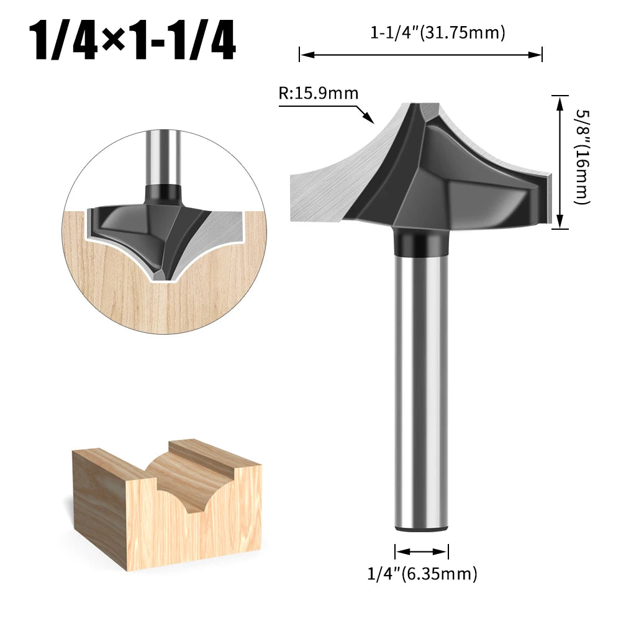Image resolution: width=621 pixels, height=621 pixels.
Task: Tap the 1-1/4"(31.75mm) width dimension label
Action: (438, 32)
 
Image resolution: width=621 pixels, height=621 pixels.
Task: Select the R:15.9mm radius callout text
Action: (319, 94)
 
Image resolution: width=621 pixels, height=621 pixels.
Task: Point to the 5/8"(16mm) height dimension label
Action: (582, 157)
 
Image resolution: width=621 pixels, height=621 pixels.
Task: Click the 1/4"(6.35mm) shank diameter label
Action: (422, 573)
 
